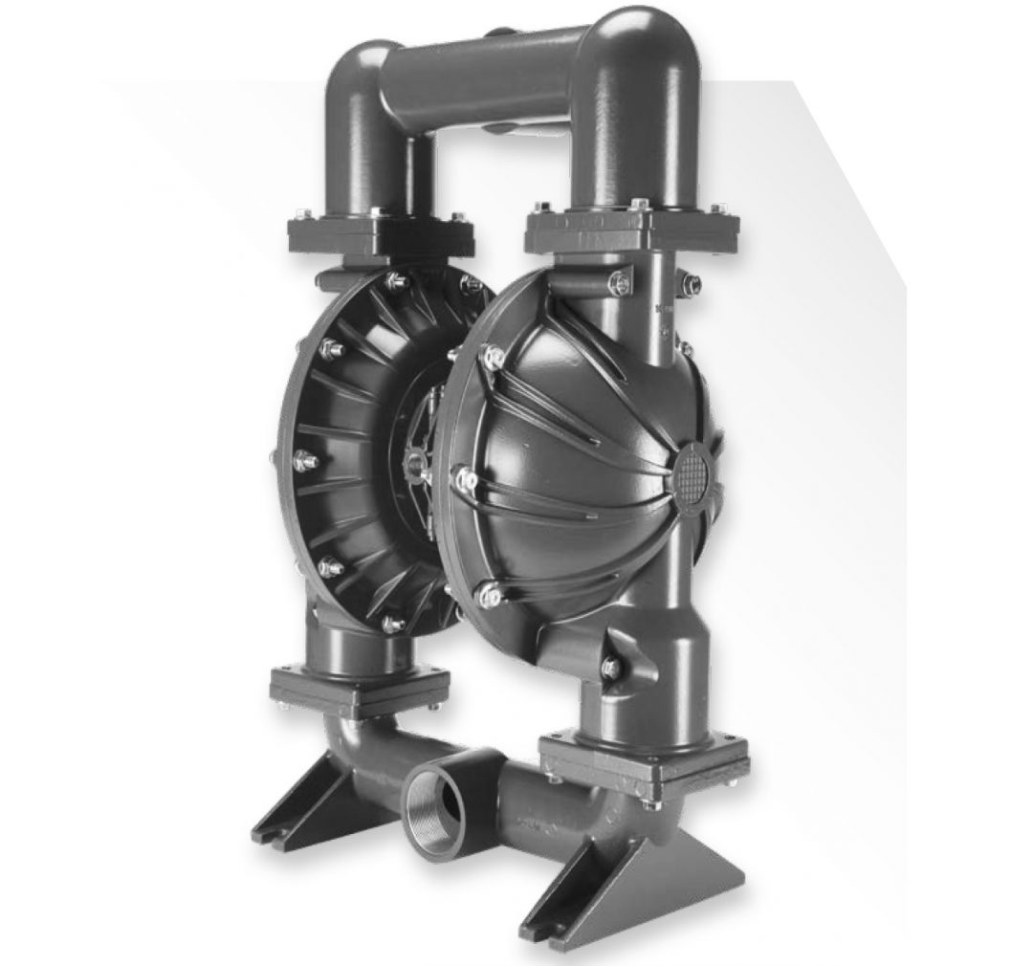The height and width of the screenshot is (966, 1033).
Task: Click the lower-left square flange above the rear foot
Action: tap(359, 687)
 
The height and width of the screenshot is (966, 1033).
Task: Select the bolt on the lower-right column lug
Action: tap(609, 666)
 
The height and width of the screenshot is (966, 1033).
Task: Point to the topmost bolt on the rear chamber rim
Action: tap(395, 280)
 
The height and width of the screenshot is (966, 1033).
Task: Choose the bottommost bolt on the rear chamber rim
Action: tap(392, 623)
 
